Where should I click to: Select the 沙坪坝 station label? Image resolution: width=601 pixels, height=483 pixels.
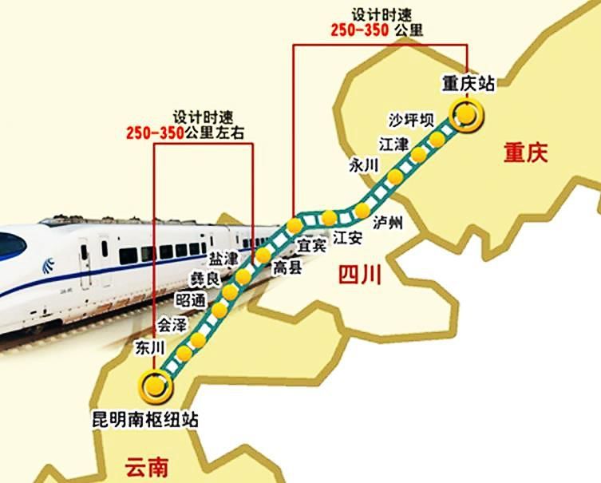click(411, 121)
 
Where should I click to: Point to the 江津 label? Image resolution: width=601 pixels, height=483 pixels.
click(393, 145)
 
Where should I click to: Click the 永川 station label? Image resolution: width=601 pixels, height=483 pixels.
click(362, 165)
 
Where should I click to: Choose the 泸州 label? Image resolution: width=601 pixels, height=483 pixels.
click(389, 224)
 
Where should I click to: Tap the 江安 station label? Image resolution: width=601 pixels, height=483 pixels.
click(348, 237)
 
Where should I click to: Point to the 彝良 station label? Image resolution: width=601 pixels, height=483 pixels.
click(203, 279)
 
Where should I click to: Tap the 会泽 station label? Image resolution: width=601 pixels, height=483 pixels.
click(170, 325)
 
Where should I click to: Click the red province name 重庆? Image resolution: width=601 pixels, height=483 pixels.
click(525, 153)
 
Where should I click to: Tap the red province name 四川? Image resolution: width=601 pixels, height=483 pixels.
click(359, 275)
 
